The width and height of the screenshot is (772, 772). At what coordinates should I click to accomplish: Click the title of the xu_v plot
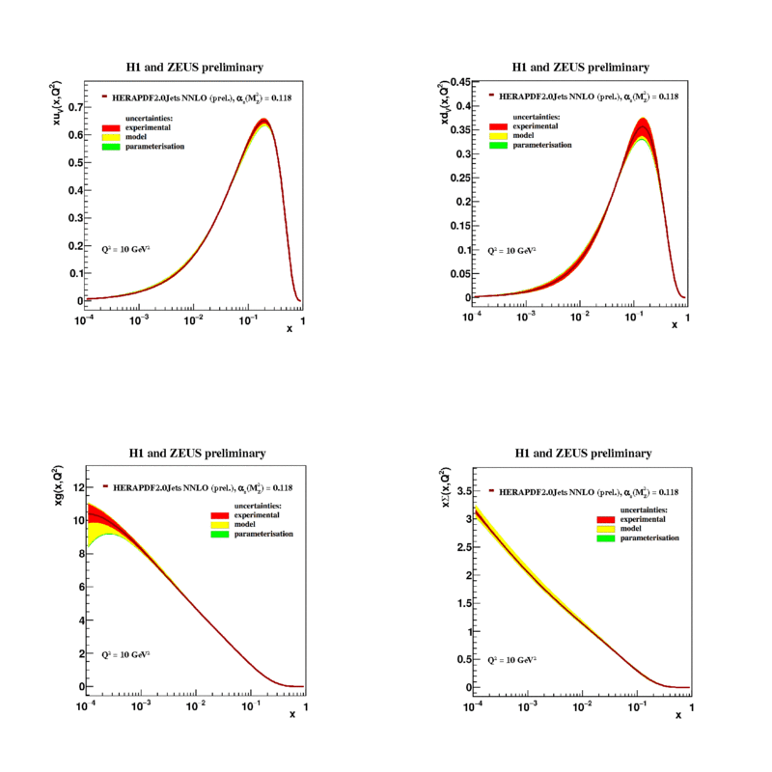(196, 68)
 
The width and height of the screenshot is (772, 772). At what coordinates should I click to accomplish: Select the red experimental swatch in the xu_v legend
(111, 127)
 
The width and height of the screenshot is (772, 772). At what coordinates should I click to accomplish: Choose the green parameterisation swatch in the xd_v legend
(498, 145)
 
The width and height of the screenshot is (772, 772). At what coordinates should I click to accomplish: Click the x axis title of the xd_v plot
(675, 325)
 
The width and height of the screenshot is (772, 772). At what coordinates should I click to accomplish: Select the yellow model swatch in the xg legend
(221, 525)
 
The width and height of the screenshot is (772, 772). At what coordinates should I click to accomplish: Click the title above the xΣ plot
(584, 453)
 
